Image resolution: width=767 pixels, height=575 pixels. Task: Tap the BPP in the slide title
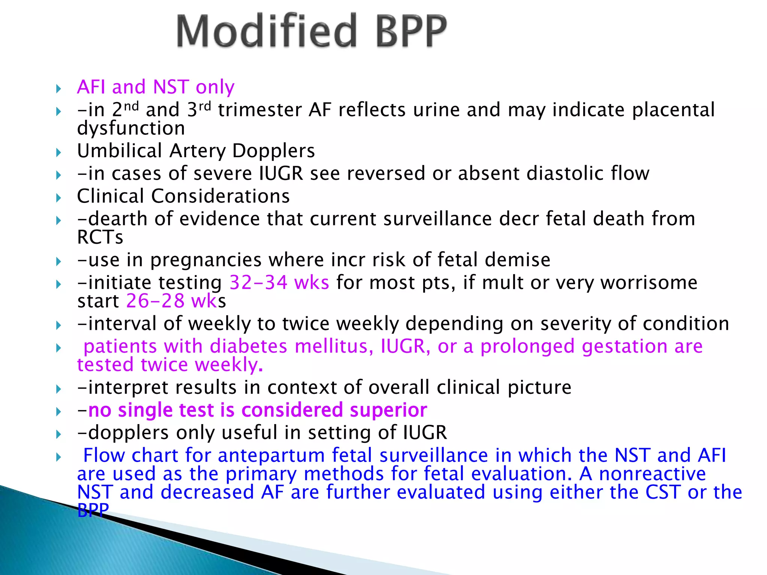click(x=411, y=31)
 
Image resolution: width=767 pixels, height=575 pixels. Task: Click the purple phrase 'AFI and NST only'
click(x=155, y=87)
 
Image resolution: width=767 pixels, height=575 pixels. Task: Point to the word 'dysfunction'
click(x=131, y=128)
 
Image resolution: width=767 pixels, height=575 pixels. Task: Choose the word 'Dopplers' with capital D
click(x=273, y=151)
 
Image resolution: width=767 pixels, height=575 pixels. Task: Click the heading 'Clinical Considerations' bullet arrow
click(x=58, y=198)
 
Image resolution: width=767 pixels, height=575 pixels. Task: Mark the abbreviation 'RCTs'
click(x=100, y=237)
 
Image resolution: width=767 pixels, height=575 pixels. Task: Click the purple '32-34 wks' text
click(x=279, y=282)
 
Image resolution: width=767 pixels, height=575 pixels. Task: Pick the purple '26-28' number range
click(x=155, y=301)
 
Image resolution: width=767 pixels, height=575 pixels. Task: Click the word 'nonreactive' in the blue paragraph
click(x=652, y=474)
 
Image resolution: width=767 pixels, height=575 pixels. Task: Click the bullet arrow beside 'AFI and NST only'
click(x=58, y=89)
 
